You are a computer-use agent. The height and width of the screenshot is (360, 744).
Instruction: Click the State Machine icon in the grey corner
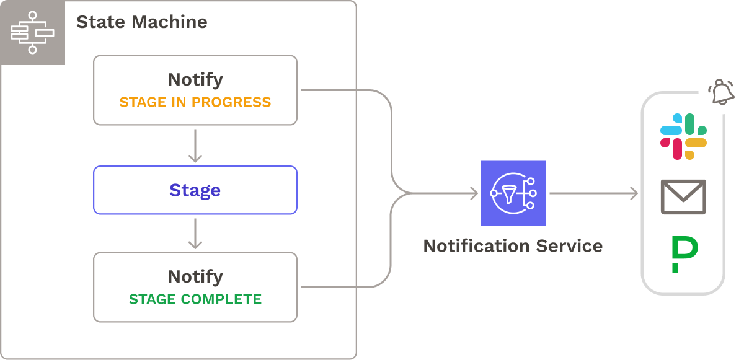(x=32, y=32)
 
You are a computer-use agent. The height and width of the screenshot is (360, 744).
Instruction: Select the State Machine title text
(x=141, y=22)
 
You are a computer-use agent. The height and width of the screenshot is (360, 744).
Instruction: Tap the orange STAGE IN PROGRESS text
(x=195, y=102)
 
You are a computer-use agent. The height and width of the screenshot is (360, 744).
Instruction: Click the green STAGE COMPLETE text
(x=195, y=299)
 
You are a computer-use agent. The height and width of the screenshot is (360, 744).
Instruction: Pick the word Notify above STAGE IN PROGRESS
(x=195, y=80)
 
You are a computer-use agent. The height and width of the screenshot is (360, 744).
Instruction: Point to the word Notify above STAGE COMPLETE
(x=195, y=276)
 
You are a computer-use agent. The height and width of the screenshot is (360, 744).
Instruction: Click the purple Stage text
(x=195, y=190)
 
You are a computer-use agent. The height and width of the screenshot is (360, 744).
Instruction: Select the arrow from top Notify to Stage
(x=195, y=146)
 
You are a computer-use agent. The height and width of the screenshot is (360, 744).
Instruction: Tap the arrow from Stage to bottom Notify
(x=195, y=234)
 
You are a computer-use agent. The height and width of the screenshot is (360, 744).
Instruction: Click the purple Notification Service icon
(x=513, y=193)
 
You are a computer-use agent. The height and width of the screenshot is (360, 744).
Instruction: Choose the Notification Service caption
(x=513, y=246)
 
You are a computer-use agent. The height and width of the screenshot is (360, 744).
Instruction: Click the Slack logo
(x=683, y=137)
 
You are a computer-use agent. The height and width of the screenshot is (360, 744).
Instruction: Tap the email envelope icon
(x=683, y=196)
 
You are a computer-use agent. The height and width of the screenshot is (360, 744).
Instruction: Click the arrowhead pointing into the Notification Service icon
(x=473, y=193)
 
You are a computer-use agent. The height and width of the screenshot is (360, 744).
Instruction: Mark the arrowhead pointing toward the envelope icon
(x=634, y=193)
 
